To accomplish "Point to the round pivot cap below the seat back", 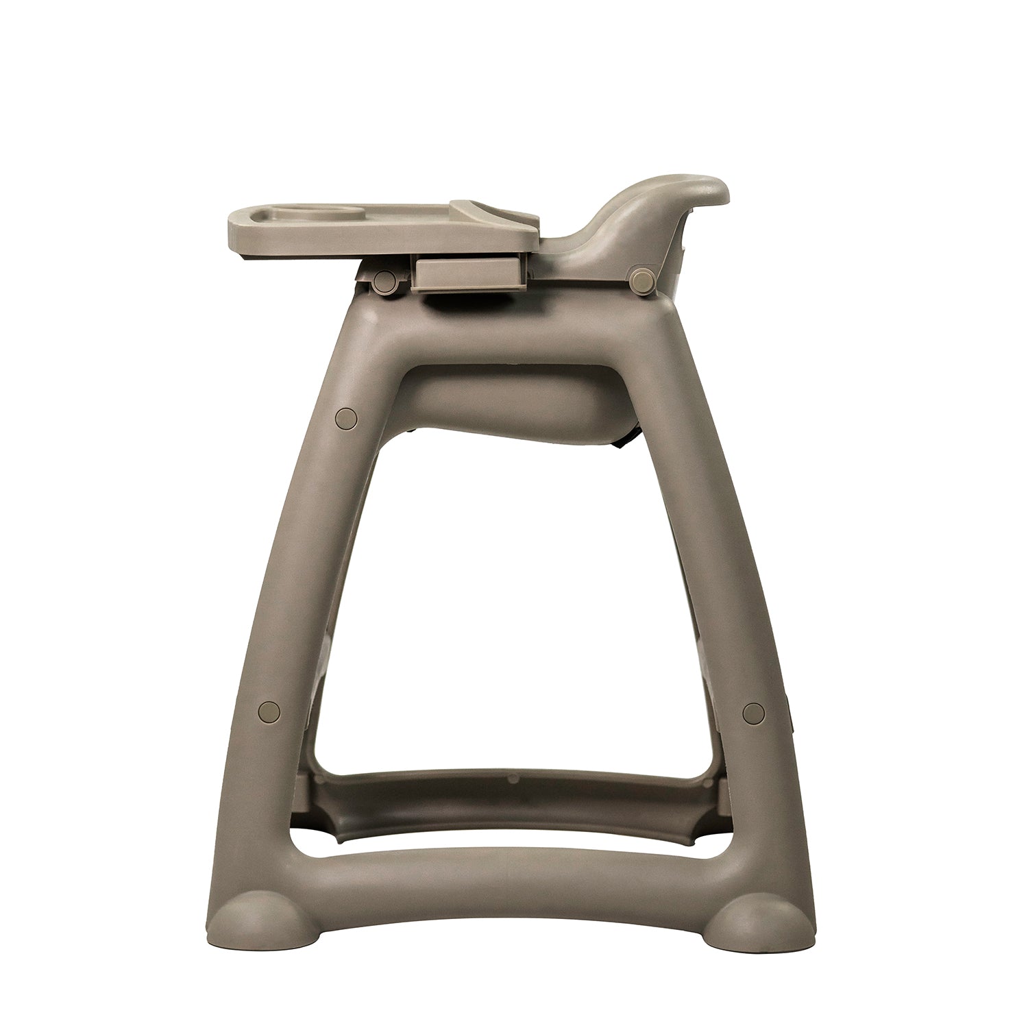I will [642, 279].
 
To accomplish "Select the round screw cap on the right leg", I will [752, 713].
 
